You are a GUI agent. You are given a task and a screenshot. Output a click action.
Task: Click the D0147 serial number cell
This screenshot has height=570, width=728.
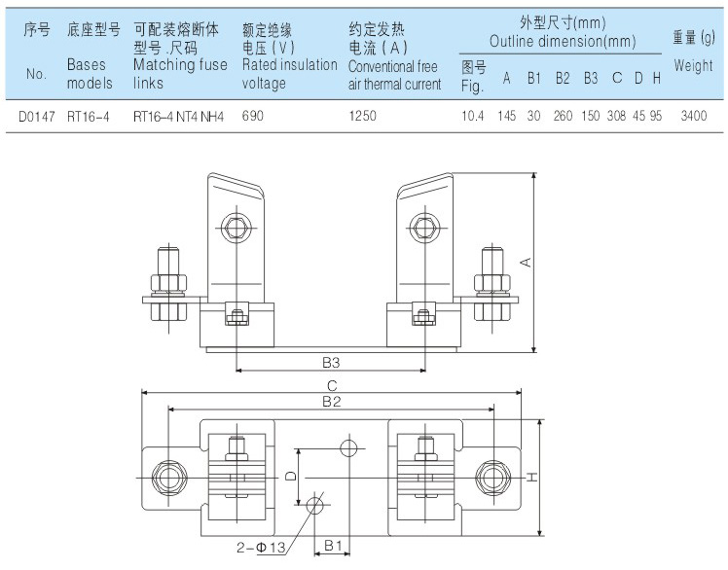(x=37, y=115)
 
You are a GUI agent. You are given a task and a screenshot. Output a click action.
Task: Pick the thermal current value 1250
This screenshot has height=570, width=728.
(x=363, y=115)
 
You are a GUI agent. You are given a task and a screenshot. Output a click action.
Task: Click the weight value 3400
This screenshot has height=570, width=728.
(x=694, y=115)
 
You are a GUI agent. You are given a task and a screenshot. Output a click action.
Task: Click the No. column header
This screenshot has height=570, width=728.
(x=37, y=73)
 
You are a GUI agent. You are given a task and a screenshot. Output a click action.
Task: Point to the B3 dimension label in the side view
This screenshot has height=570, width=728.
(x=331, y=362)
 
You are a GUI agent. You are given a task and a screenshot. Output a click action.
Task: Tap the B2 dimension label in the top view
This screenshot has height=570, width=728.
(x=331, y=400)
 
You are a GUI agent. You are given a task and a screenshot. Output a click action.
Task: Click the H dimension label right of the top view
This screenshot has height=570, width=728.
(x=533, y=477)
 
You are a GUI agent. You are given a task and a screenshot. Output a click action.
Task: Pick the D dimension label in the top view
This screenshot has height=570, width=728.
(x=290, y=477)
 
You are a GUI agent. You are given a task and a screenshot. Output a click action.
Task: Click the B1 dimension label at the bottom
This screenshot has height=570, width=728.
(x=332, y=546)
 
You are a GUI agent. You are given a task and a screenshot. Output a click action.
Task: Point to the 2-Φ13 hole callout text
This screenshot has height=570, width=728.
(x=258, y=548)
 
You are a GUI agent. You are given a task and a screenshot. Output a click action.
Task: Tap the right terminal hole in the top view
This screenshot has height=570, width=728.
(x=491, y=477)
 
